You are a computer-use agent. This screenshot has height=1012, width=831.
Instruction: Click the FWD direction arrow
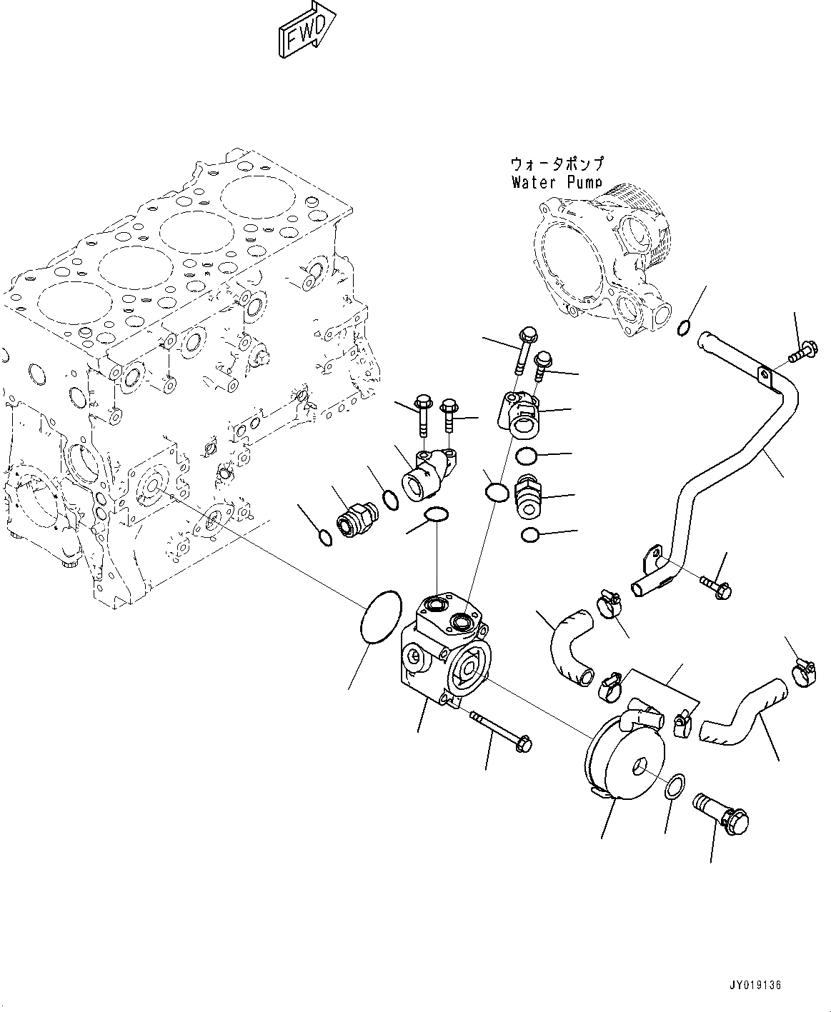pyautogui.click(x=305, y=32)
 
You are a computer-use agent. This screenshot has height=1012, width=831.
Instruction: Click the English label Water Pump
pyautogui.click(x=557, y=182)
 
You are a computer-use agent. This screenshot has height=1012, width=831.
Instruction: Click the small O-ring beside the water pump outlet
pyautogui.click(x=683, y=329)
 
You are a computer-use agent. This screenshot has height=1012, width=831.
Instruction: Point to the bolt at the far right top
pyautogui.click(x=796, y=351)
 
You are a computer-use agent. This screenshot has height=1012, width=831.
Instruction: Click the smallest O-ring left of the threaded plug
pyautogui.click(x=324, y=537)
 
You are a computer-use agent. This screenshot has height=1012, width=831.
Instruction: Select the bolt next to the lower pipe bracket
pyautogui.click(x=715, y=586)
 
